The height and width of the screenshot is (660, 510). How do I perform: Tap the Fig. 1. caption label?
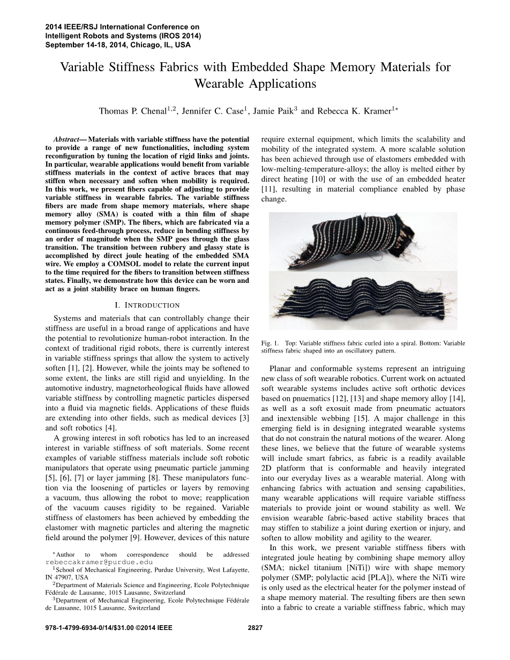[x=271, y=343]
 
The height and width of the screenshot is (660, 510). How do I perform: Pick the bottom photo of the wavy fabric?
[x=363, y=301]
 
